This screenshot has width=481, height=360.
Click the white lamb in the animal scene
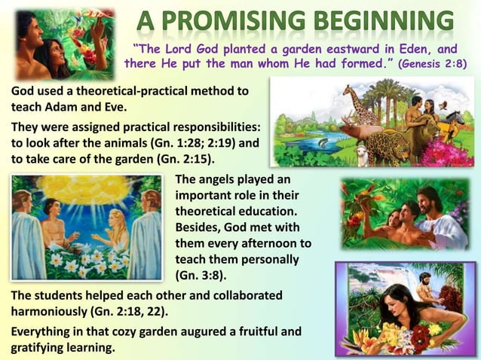tap(363, 155)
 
